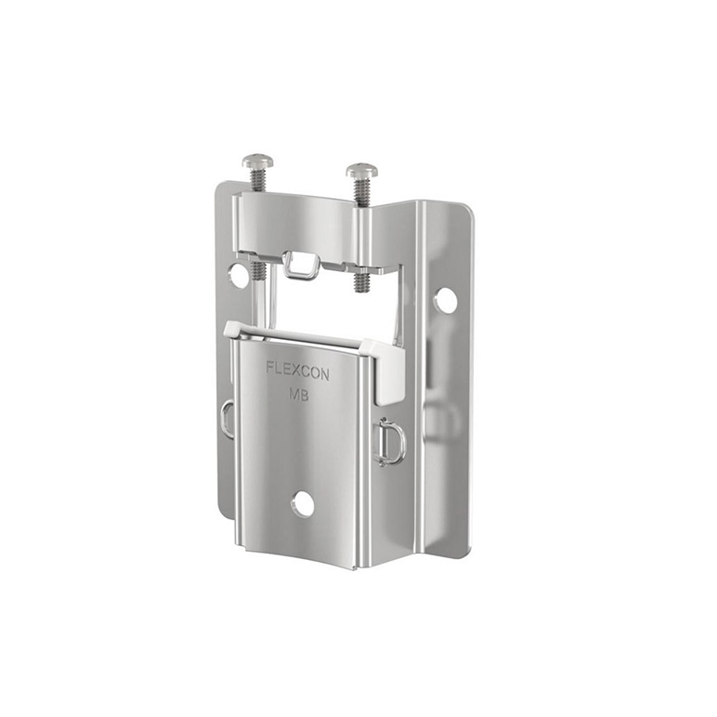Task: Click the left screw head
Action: (x=258, y=161)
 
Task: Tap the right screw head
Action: (x=362, y=171)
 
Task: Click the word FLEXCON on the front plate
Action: (x=298, y=371)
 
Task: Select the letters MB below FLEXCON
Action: (x=299, y=394)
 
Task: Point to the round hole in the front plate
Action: (x=302, y=503)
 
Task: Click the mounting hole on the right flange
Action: (x=446, y=300)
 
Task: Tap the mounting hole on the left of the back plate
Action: (x=238, y=274)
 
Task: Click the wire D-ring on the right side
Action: (x=389, y=442)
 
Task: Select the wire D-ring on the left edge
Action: (x=227, y=418)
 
